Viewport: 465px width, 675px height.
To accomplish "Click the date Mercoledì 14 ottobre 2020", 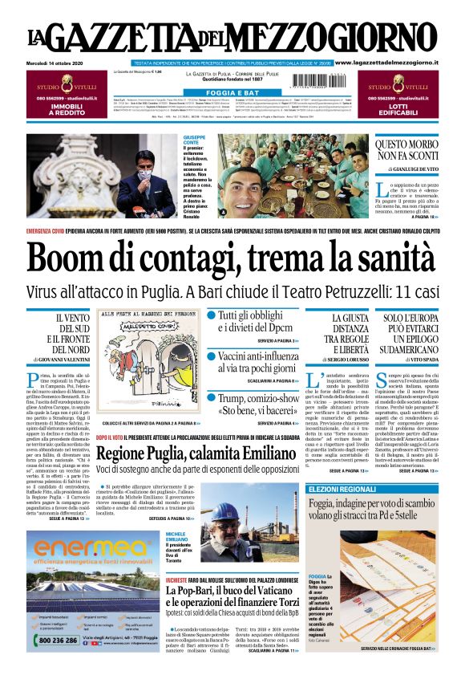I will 59,63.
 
